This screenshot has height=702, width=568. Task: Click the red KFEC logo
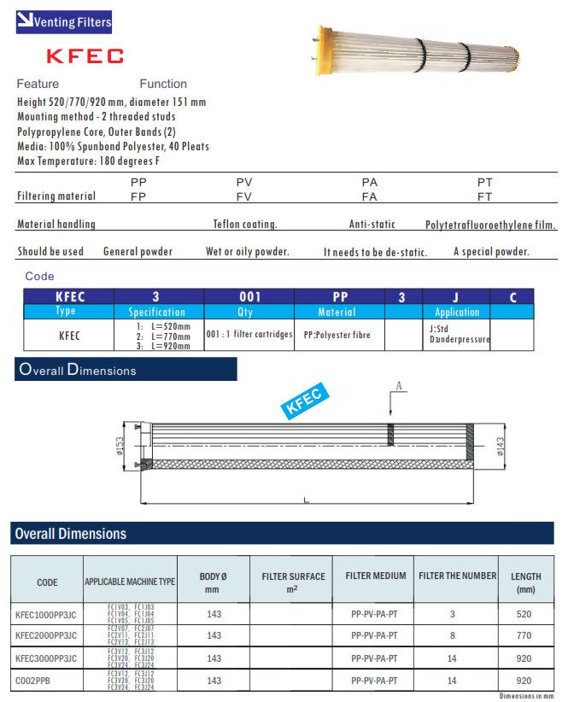(85, 56)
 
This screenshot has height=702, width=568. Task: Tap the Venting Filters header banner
(64, 22)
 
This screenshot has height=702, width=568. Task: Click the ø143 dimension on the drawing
(500, 447)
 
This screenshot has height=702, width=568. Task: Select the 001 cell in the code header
(249, 297)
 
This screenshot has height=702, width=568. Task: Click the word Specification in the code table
(156, 313)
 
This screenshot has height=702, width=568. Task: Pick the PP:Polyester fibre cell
(337, 335)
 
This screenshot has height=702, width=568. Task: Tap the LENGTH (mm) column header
(525, 582)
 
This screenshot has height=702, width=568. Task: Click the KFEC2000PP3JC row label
(46, 635)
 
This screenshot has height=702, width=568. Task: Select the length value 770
(524, 635)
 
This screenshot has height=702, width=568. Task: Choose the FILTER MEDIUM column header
(375, 576)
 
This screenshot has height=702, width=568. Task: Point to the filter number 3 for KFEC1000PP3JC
(452, 613)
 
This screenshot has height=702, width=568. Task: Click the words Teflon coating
(245, 225)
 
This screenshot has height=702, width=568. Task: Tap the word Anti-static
(372, 225)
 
